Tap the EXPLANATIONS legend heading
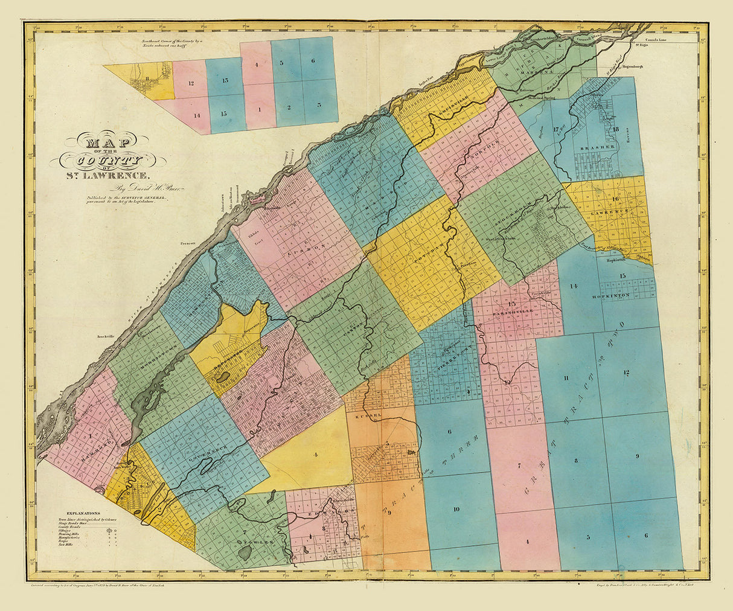point(71,511)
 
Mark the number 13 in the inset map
point(224,81)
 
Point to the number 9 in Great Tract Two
point(636,456)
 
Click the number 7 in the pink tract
point(519,465)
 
